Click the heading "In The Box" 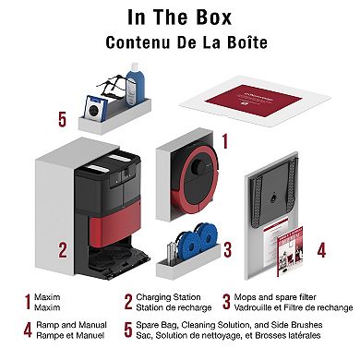[179, 19]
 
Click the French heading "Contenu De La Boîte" [179, 42]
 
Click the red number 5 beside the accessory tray [62, 120]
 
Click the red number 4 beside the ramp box [320, 249]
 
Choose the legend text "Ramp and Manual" [63, 325]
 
